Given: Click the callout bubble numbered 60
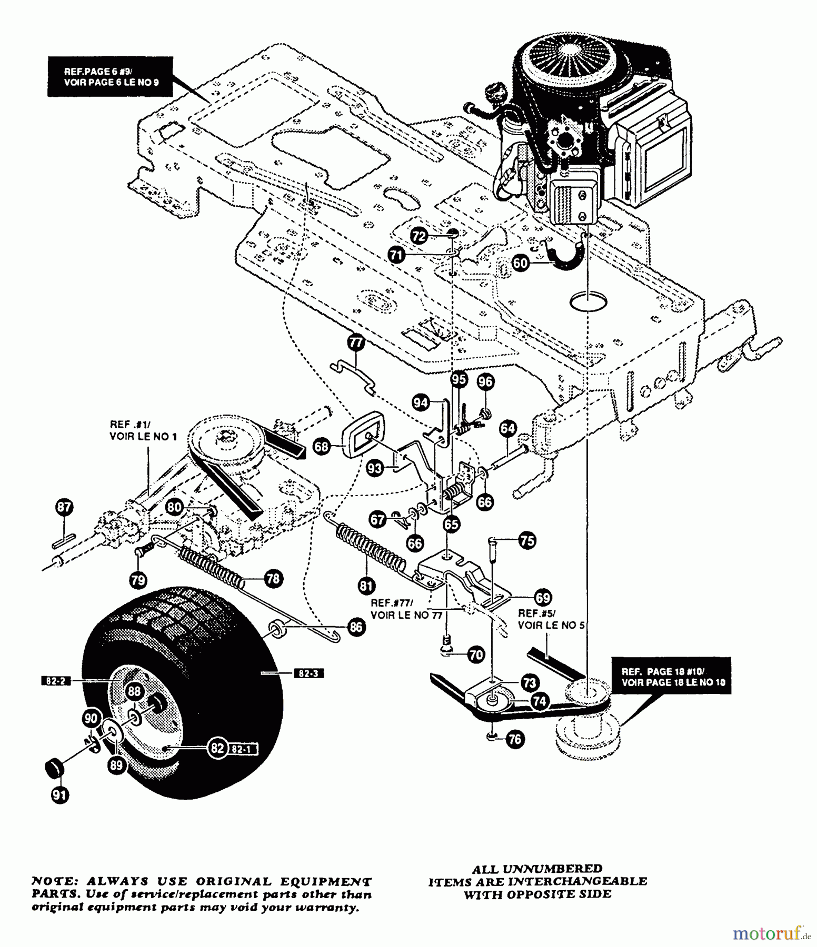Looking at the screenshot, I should pos(521,262).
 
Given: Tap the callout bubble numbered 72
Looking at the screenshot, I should pos(419,236).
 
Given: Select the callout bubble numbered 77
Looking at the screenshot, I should pos(356,343).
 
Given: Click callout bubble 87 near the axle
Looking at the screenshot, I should pos(64,507).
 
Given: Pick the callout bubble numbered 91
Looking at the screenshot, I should pos(59,794).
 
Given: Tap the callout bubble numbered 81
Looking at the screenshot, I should pos(367,585).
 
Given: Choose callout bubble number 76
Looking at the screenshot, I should pos(515,739).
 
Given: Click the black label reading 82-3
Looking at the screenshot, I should pos(308,673).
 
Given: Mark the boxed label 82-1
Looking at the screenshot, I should pos(243,748).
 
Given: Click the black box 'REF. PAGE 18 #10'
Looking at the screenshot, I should pos(671,677).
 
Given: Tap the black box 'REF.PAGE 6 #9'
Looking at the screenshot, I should pos(111,77).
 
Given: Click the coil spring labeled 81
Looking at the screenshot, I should pos(372,548).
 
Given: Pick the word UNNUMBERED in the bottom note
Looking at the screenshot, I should pos(554,869).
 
